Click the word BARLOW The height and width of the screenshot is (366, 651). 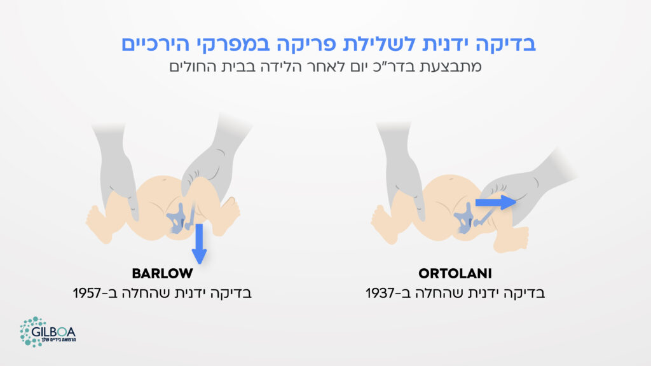[x=162, y=274]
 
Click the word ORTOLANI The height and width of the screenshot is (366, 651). [x=455, y=274]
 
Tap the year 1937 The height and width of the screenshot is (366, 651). [x=380, y=294]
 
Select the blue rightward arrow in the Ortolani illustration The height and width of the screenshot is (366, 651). [x=496, y=203]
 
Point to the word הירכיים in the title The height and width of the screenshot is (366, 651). [x=158, y=44]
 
